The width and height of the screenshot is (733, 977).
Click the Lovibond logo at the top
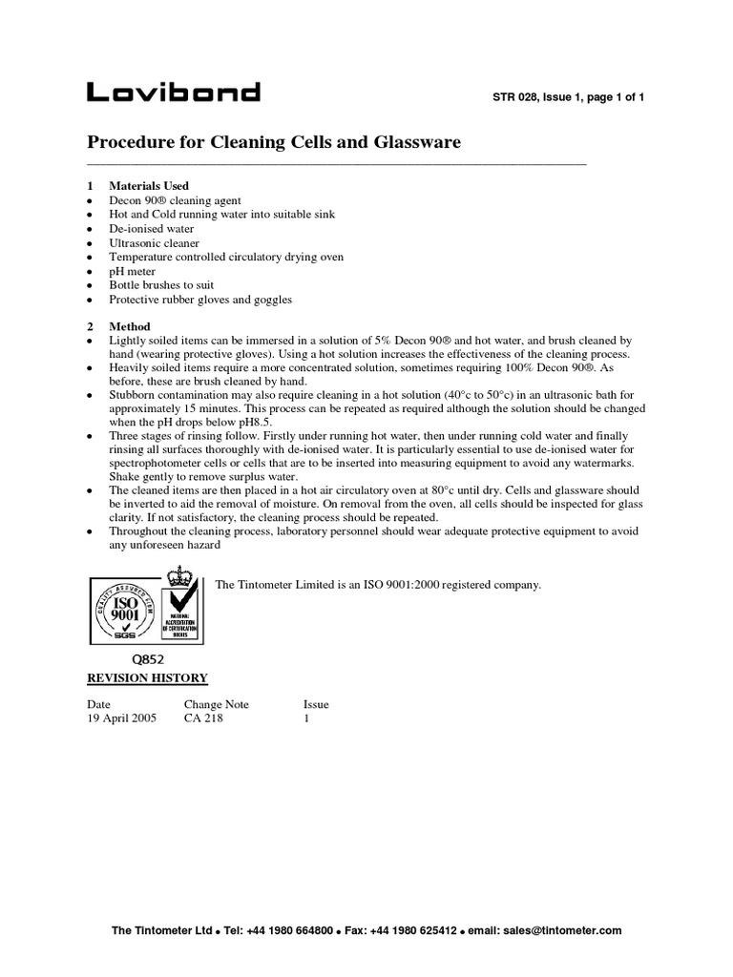(x=173, y=93)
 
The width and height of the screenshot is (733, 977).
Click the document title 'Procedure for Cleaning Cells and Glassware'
(x=274, y=142)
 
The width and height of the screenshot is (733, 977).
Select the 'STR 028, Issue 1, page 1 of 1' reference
(x=568, y=97)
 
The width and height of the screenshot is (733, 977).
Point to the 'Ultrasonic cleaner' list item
(x=154, y=243)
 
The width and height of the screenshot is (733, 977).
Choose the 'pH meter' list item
(x=132, y=271)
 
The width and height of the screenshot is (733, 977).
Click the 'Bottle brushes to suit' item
(x=161, y=285)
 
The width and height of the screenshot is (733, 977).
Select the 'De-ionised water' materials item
(x=151, y=229)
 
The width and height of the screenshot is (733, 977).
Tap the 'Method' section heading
(x=130, y=326)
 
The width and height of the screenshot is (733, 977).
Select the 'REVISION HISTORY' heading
(x=147, y=678)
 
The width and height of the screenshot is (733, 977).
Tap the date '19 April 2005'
(x=122, y=718)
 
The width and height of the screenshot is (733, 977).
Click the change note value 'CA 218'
(x=203, y=718)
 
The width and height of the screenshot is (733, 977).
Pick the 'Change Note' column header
(x=217, y=704)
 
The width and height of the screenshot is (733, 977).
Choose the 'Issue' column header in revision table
(x=316, y=704)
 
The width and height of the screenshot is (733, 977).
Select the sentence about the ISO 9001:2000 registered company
(x=379, y=585)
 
